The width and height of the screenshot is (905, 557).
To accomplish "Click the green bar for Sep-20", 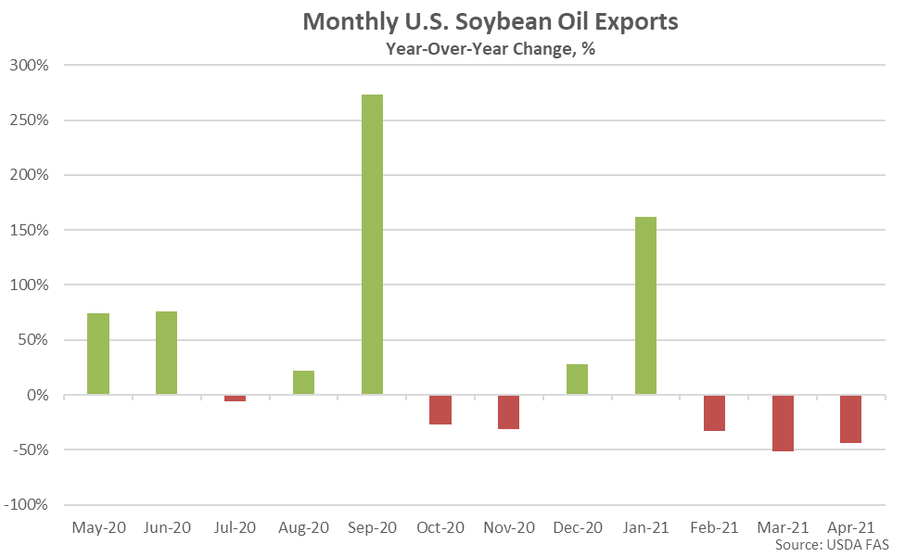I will pyautogui.click(x=372, y=245).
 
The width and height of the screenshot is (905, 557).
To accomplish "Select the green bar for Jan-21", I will pyautogui.click(x=645, y=306).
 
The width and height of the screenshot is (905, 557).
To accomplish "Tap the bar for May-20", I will pyautogui.click(x=98, y=354).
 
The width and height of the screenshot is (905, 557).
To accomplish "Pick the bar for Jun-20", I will pyautogui.click(x=167, y=353).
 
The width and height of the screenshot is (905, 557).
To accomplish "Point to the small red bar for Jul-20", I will pyautogui.click(x=236, y=399).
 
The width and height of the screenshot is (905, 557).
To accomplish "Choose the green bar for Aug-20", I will pyautogui.click(x=303, y=383).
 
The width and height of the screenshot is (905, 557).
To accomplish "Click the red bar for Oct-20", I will pyautogui.click(x=440, y=410).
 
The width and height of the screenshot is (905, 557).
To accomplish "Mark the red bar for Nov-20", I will pyautogui.click(x=509, y=412).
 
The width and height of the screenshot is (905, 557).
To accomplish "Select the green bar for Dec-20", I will pyautogui.click(x=577, y=380).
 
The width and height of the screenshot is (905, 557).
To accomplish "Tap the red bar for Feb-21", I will pyautogui.click(x=714, y=413).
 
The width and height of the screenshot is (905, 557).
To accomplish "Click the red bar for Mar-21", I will pyautogui.click(x=783, y=424).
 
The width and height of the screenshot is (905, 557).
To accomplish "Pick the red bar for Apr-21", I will pyautogui.click(x=850, y=419).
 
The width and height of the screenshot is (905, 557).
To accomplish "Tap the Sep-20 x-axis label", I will pyautogui.click(x=372, y=527).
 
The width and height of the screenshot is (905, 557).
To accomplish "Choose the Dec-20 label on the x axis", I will pyautogui.click(x=577, y=527).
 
